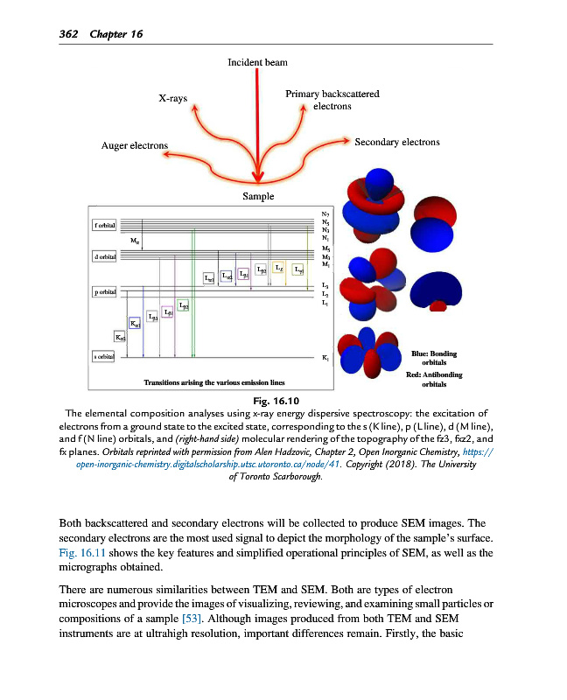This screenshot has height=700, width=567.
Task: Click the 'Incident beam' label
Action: [257, 63]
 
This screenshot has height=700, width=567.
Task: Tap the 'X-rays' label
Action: [174, 98]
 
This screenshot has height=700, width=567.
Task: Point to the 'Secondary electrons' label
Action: [397, 142]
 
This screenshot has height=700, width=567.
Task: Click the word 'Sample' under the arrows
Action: [258, 197]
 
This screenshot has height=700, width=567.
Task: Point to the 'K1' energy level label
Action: [325, 358]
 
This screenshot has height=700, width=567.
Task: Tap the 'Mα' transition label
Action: [134, 239]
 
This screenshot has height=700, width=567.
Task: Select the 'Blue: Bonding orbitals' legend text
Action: [433, 358]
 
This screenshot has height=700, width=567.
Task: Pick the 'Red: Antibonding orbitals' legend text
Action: [434, 379]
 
